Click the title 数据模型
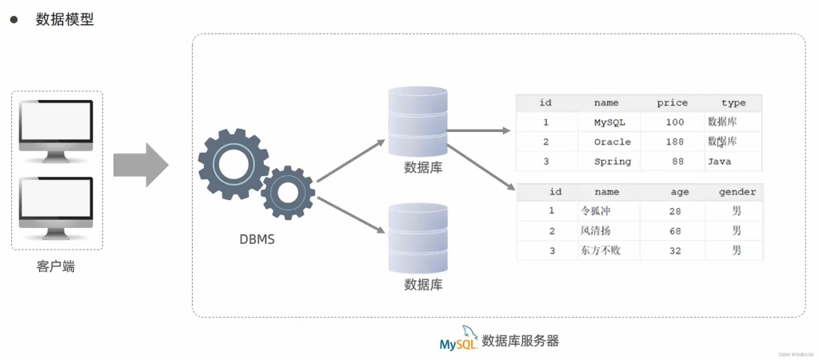pos(65,20)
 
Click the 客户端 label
pos(56,266)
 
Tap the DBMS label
pos(257,238)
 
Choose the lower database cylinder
pos(417,238)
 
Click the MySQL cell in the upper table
pos(612,122)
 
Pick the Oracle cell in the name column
pos(612,142)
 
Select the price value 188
pos(673,142)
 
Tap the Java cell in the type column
pos(719,162)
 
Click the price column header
pos(672,102)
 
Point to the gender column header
pos(737,192)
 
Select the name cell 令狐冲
pos(595,211)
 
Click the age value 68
pos(673,231)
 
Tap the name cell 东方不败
pos(600,250)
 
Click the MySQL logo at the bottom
pos(457,340)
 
